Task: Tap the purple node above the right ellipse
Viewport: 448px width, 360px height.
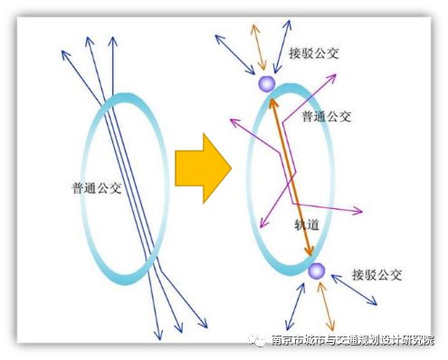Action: [x=266, y=84]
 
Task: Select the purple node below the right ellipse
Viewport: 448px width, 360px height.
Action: [x=315, y=270]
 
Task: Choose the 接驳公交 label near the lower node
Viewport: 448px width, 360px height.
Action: [x=377, y=274]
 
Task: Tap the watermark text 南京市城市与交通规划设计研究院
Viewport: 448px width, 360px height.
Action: [x=353, y=341]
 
